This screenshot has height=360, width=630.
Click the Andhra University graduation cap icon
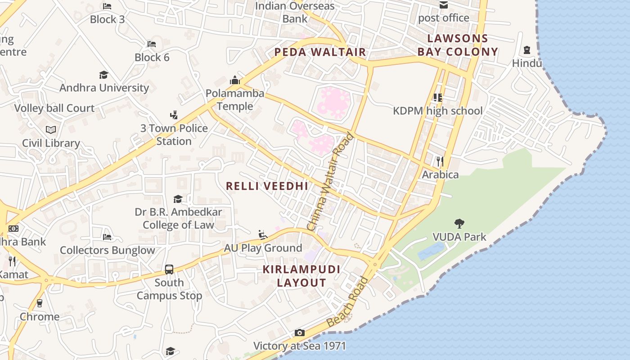pos(104,75)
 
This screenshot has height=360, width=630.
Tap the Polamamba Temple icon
pos(235,80)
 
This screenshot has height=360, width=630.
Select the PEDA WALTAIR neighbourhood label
pos(320,52)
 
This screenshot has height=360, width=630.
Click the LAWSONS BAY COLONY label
pos(458,45)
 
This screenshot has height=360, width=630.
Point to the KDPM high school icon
pos(437,97)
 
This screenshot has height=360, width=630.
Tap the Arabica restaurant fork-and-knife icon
pos(440,161)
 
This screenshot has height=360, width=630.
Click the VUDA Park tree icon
pos(459,223)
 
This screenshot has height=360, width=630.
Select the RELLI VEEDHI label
pos(267,186)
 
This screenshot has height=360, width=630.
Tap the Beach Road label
pos(348,302)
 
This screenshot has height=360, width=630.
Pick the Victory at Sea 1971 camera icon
pos(300,333)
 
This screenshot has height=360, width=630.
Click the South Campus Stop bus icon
pos(169,270)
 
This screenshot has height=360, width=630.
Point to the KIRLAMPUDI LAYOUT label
pos(301,276)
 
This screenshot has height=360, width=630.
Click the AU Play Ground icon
pos(263,234)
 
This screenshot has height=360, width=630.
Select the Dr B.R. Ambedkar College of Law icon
pos(178,199)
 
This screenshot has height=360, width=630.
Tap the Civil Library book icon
pos(51,130)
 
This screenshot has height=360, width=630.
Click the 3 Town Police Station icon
pos(174,115)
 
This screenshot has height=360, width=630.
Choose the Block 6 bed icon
pos(152,44)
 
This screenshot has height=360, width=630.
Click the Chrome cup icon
pos(40,303)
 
